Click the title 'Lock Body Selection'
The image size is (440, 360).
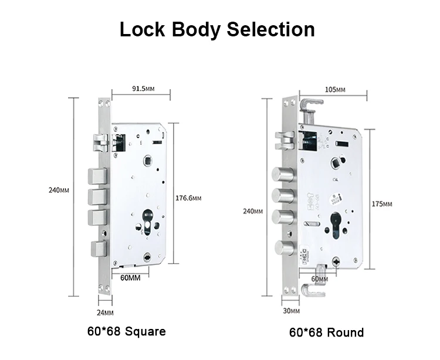[217, 29]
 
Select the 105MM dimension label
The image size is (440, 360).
[334, 90]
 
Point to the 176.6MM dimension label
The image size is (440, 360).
[188, 198]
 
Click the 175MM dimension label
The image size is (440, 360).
[382, 203]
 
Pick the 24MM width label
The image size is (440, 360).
[106, 313]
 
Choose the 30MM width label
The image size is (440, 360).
[291, 311]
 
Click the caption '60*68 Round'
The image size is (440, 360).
[326, 332]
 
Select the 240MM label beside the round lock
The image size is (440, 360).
[253, 211]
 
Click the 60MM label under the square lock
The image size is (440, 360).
[130, 277]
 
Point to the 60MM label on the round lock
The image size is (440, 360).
[319, 279]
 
